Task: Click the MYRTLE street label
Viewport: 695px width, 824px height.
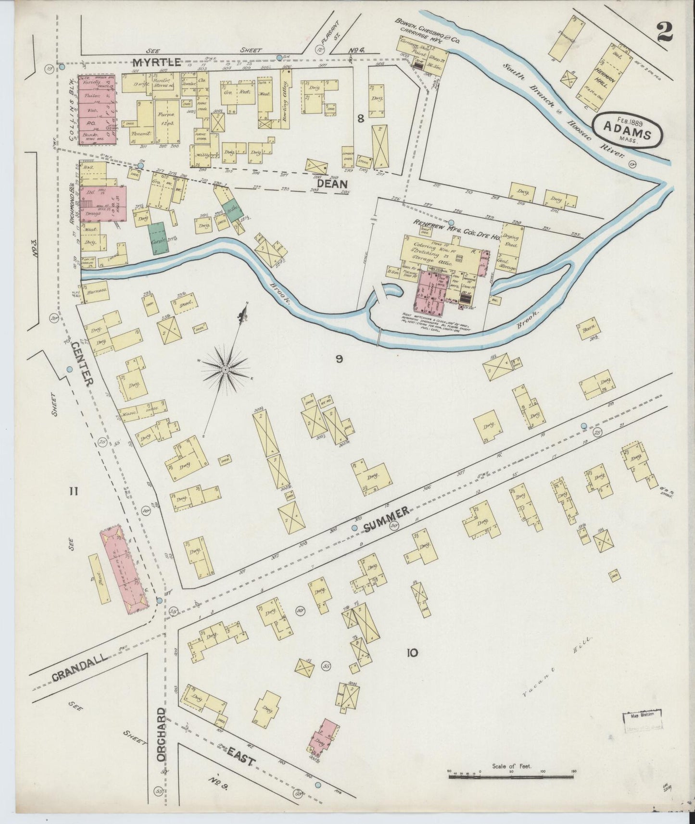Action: (157, 62)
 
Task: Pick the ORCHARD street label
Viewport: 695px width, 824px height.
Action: (161, 734)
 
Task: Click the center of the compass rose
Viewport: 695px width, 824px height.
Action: (225, 369)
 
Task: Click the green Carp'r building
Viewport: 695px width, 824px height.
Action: (156, 238)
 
